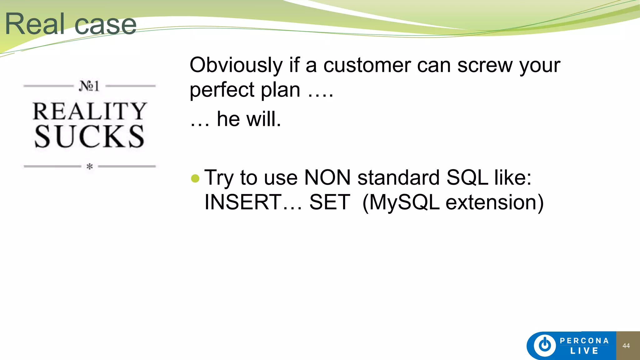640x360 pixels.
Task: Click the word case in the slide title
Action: click(106, 25)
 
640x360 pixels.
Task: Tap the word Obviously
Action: click(236, 66)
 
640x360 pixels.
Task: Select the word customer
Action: click(367, 66)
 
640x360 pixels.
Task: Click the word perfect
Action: click(222, 90)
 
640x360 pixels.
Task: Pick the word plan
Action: click(281, 90)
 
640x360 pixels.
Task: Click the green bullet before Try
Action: click(195, 178)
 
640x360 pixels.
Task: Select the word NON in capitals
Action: click(327, 178)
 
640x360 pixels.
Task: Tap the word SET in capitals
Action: click(330, 202)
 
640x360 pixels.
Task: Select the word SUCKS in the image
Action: click(90, 136)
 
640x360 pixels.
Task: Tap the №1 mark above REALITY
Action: click(89, 86)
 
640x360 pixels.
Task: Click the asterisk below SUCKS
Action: click(90, 167)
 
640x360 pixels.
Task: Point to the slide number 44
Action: click(626, 346)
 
